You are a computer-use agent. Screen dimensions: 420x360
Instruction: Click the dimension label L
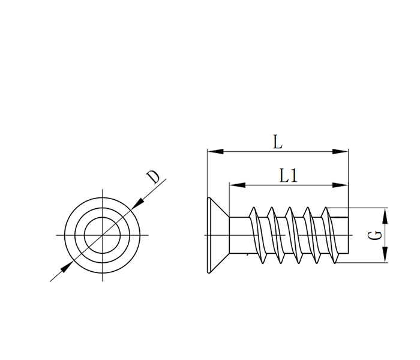(277, 142)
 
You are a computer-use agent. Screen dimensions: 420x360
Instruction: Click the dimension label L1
(288, 175)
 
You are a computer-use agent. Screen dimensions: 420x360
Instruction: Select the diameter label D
(153, 177)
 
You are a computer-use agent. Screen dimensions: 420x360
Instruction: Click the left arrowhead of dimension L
(215, 152)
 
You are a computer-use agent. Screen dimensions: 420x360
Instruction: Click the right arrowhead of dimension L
(340, 152)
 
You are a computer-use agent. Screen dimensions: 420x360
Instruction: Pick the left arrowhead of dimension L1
(238, 185)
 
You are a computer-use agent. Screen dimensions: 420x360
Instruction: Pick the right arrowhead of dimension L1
(340, 185)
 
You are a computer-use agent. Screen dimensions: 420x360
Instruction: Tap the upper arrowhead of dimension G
(385, 216)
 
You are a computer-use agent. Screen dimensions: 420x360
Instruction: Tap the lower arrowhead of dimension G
(385, 254)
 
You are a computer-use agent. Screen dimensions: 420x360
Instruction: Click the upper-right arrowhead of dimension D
(137, 203)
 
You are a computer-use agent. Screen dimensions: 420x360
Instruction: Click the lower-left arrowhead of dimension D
(67, 267)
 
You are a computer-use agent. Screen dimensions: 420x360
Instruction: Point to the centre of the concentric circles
(103, 235)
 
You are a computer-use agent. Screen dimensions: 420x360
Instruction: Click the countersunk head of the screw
(217, 235)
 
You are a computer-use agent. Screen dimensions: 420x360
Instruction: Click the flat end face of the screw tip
(348, 235)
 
